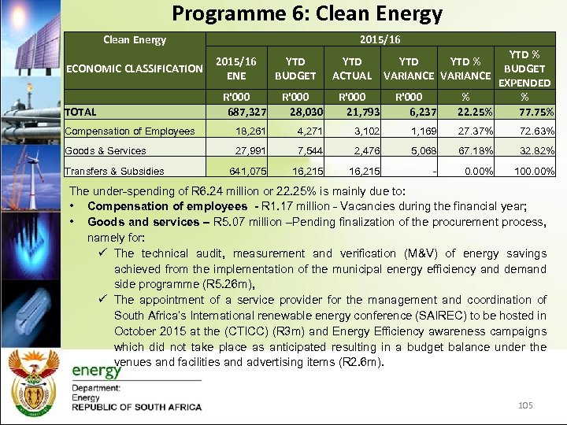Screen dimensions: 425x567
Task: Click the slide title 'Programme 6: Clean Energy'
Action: (x=307, y=13)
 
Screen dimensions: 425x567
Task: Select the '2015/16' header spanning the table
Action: (x=380, y=39)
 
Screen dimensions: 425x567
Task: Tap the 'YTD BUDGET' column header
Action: (x=295, y=68)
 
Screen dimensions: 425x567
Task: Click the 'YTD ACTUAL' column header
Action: (x=351, y=68)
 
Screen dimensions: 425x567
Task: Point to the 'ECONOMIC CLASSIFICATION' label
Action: (x=135, y=68)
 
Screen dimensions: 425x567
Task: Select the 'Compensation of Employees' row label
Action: (x=130, y=131)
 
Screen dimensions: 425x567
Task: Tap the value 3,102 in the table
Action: (x=357, y=131)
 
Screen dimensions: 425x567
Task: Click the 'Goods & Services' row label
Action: (x=106, y=151)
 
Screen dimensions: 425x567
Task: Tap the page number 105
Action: (x=525, y=405)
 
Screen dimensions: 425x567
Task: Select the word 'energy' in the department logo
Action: (x=97, y=371)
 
